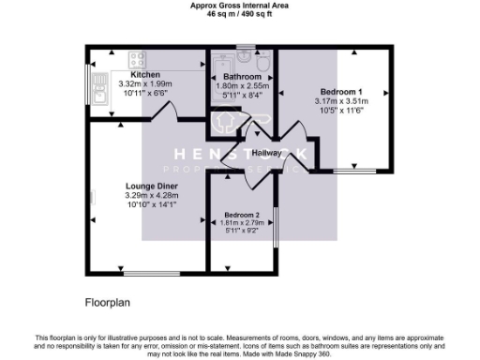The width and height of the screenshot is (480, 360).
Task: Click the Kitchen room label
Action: pyautogui.click(x=144, y=75)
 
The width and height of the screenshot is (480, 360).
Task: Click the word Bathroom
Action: pyautogui.click(x=241, y=76)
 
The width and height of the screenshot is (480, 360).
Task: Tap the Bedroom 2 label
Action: pyautogui.click(x=241, y=215)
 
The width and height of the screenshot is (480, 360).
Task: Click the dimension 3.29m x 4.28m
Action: pyautogui.click(x=152, y=195)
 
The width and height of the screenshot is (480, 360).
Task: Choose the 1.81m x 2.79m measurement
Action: pyautogui.click(x=241, y=222)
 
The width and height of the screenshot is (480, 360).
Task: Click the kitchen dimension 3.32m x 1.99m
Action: pyautogui.click(x=144, y=83)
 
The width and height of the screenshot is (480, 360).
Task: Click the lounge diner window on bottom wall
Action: pyautogui.click(x=150, y=273)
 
